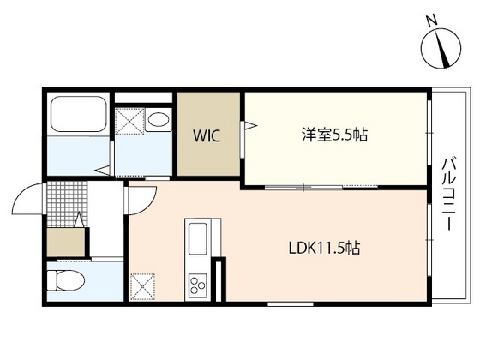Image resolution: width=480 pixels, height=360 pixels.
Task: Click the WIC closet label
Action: click(x=210, y=135)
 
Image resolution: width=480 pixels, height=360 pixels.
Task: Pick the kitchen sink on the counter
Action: click(x=197, y=235)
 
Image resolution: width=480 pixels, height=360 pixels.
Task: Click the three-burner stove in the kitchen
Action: click(x=196, y=284)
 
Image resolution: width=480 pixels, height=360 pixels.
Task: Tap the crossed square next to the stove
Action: click(x=142, y=284)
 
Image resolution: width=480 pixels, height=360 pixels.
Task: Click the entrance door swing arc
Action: click(x=26, y=203)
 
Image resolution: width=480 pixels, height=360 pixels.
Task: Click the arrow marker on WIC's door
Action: click(x=250, y=127)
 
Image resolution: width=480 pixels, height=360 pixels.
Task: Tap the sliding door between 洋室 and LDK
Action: click(x=305, y=186)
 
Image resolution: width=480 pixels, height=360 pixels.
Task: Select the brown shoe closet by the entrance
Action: click(x=64, y=241)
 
